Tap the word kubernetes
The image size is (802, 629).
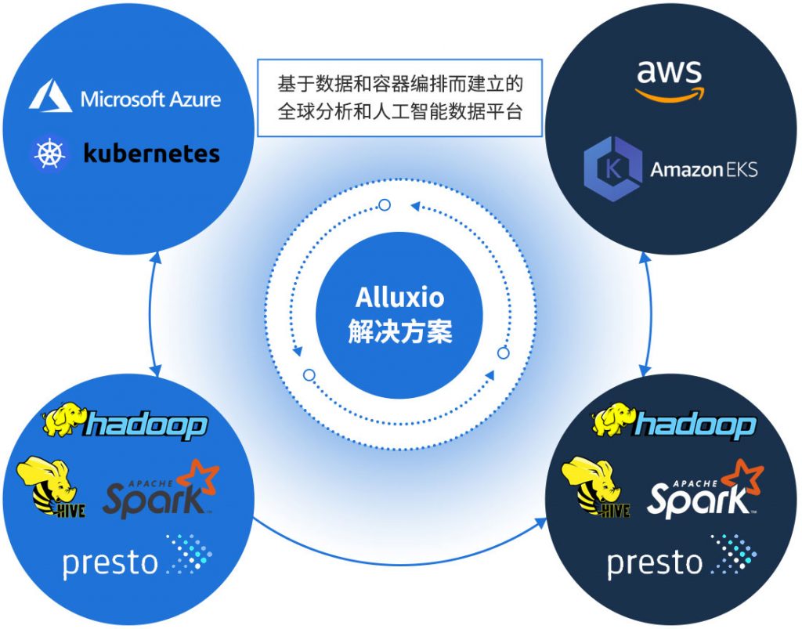(151, 153)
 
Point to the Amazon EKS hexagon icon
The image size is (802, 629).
(612, 168)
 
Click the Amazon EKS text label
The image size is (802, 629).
(703, 168)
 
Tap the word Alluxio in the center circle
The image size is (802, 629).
(399, 298)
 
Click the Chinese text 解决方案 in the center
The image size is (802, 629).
(399, 331)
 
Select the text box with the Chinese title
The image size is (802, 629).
(399, 97)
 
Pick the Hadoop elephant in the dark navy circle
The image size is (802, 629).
(613, 421)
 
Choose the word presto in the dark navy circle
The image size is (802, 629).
(655, 562)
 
